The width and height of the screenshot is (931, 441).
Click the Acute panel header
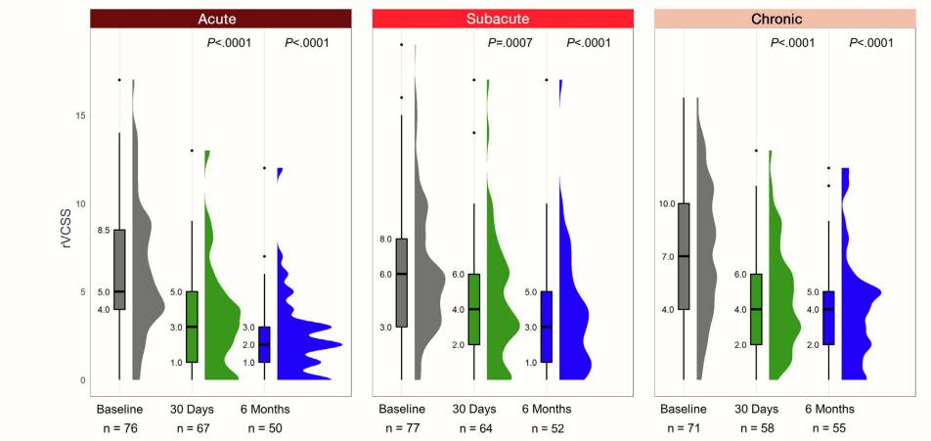[x=221, y=19]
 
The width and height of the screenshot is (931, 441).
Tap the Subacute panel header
[x=501, y=19]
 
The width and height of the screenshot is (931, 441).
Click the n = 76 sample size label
[x=119, y=428]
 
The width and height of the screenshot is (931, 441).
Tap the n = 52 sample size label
[x=546, y=428]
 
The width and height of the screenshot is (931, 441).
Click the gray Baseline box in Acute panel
[x=119, y=269]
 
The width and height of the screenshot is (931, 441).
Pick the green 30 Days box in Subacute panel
[x=474, y=309]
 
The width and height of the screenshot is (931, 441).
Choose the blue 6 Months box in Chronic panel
[x=828, y=318]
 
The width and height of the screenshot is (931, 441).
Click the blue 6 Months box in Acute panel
[x=264, y=344]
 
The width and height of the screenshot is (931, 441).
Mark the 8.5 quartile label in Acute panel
[x=105, y=231]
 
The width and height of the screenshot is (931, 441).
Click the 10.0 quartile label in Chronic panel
[x=667, y=203]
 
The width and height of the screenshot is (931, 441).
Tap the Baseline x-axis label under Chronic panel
[x=685, y=408]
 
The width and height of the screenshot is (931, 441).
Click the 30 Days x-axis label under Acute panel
[x=191, y=408]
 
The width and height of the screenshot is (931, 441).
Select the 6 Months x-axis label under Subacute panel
[x=546, y=408]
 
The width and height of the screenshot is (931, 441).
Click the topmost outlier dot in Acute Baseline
[x=119, y=80]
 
